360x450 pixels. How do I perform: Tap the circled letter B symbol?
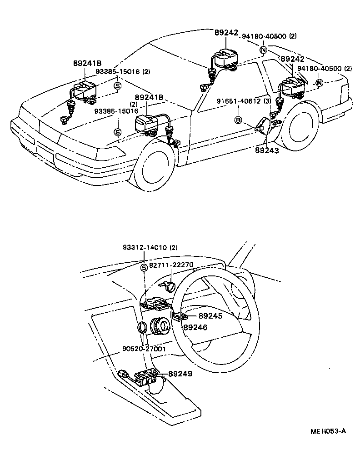pos(238,120)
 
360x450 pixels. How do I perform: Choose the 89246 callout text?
pos(195,327)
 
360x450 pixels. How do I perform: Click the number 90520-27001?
pos(144,349)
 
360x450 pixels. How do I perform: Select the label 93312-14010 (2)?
pos(150,248)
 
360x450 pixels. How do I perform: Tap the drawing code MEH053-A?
pos(328,431)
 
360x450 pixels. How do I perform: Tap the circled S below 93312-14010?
pos(144,267)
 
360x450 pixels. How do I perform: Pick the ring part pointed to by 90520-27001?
pos(142,328)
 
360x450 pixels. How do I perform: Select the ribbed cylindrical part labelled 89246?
pos(160,325)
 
